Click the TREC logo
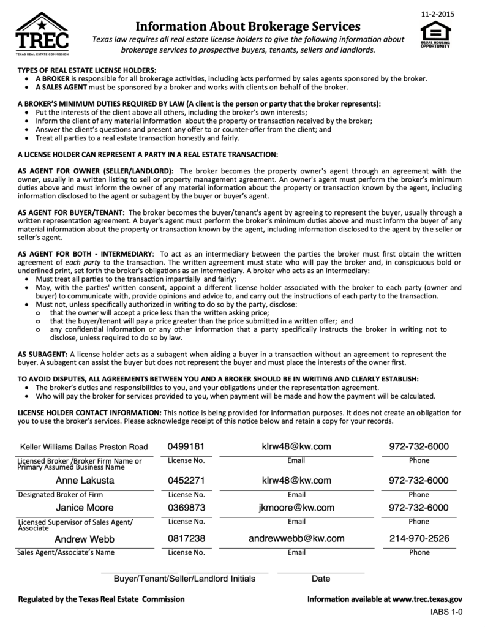pos(42,34)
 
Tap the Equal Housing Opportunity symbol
pos(435,35)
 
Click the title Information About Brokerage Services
pos(247,26)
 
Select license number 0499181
pos(186,447)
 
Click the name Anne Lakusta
pos(85,481)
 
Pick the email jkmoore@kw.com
pos(296,508)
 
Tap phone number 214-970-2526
pos(419,539)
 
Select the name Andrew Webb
pos(85,539)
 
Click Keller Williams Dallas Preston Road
pos(84,447)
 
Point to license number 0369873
pos(186,508)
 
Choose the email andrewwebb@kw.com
pos(296,539)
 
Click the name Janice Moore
pos(85,508)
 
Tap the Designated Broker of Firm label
pos(61,494)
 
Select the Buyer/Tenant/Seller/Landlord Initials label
pos(184,579)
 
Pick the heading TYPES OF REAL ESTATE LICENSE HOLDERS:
pos(87,70)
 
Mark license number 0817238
pos(186,539)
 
